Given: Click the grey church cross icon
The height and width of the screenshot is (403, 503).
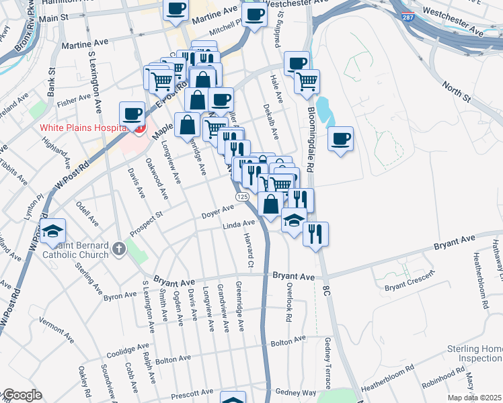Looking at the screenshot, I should (119, 250).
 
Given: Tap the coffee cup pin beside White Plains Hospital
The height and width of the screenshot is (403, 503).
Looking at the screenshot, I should (132, 114).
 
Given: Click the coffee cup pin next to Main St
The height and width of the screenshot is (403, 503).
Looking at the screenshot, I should (176, 9).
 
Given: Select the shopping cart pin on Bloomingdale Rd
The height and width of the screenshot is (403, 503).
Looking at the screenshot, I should (307, 82).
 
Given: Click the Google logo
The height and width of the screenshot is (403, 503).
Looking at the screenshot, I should (22, 395).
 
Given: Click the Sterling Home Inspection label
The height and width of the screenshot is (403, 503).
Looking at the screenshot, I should (475, 354).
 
